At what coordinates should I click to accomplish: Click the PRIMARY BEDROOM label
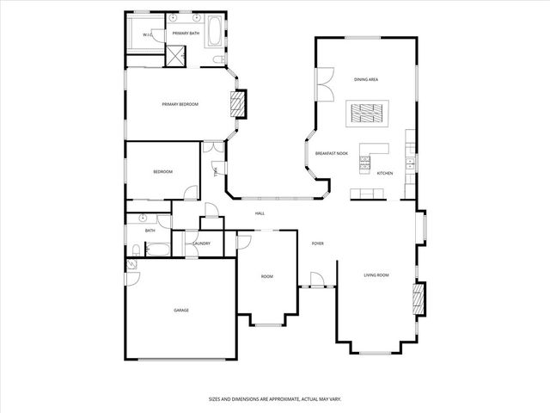(x=180, y=104)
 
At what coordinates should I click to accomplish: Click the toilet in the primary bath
(x=214, y=58)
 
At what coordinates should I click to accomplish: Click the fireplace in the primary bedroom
(x=237, y=105)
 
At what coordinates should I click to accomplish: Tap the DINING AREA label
(x=367, y=79)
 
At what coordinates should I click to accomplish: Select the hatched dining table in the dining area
(x=368, y=113)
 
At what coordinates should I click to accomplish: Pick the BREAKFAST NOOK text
(x=331, y=152)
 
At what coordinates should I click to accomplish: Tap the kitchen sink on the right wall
(x=411, y=162)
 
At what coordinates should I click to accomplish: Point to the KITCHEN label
(x=385, y=173)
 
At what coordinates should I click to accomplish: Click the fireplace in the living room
(x=419, y=299)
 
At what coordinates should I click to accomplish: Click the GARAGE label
(x=180, y=311)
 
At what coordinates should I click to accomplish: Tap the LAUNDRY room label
(x=202, y=243)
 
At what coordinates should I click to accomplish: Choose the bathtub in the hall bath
(x=158, y=250)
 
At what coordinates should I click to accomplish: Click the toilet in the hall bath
(x=136, y=250)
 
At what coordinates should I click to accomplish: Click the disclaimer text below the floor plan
(x=275, y=398)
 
